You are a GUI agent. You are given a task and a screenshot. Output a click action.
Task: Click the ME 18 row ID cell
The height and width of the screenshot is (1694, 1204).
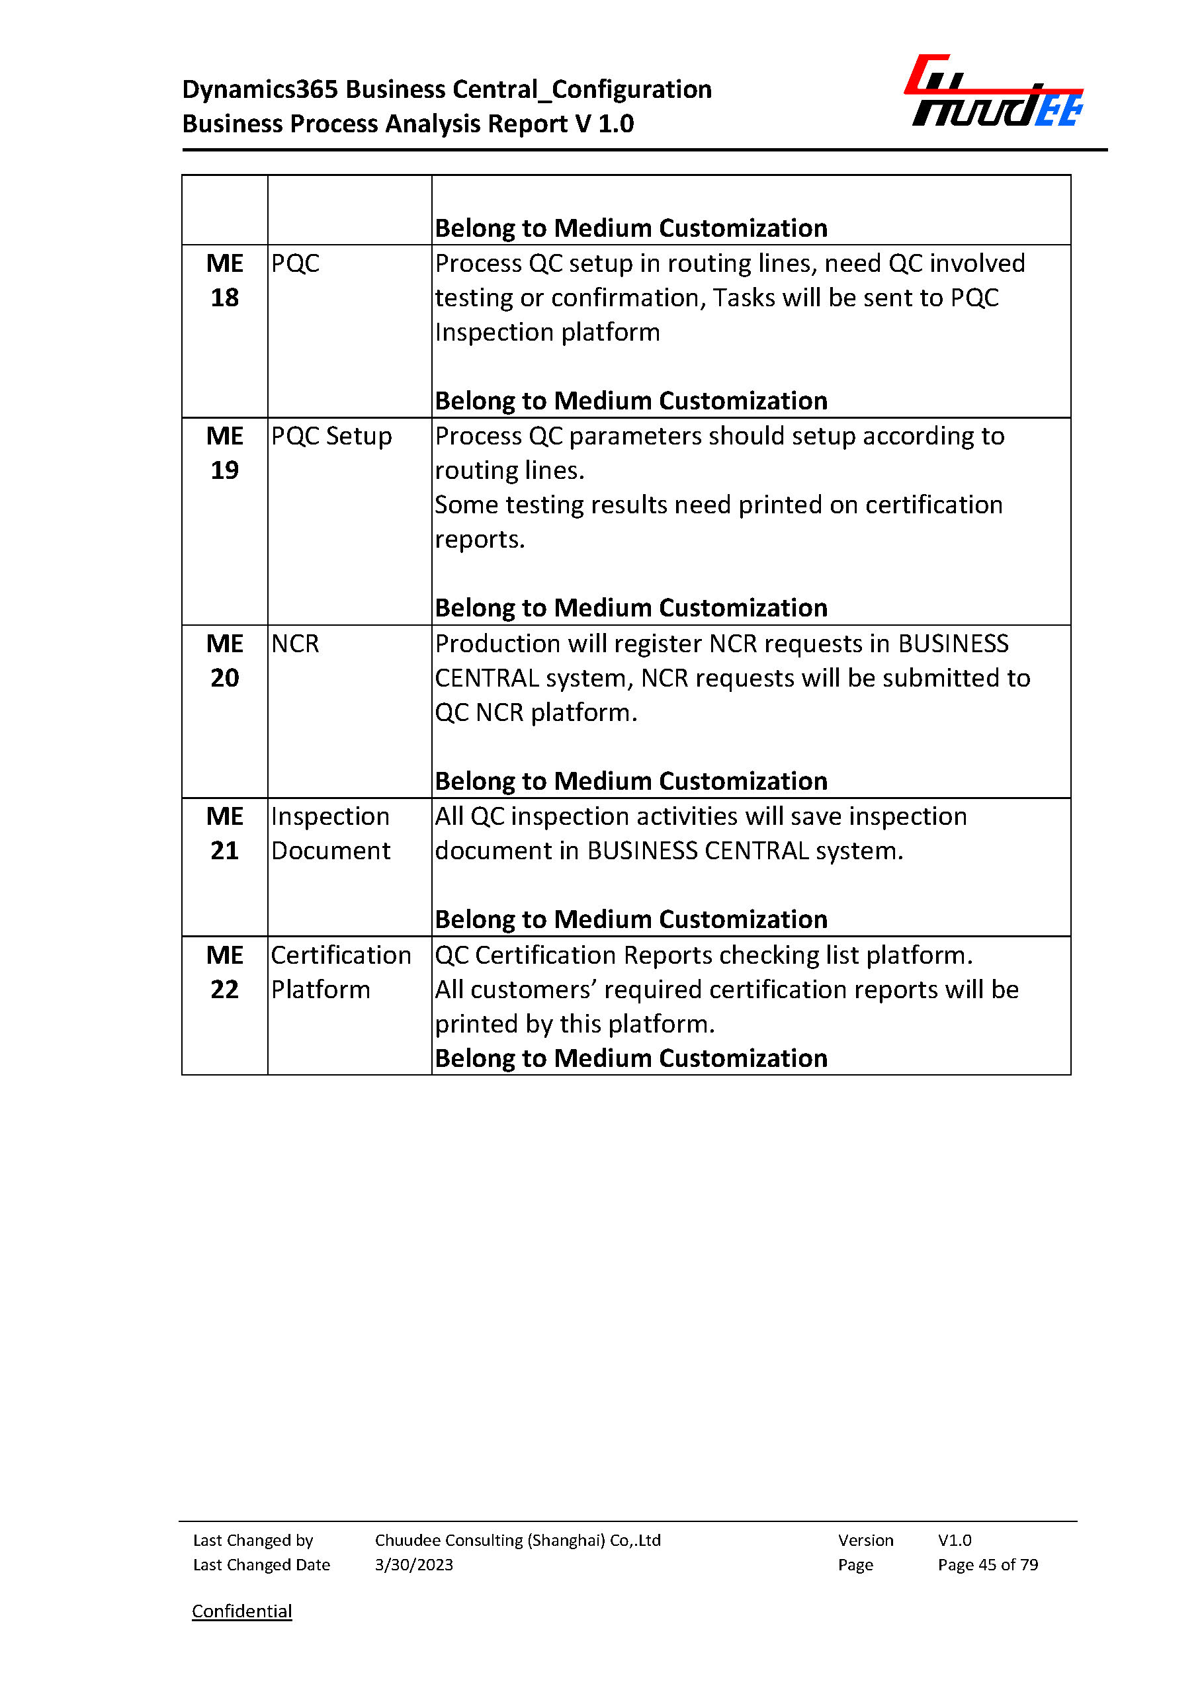click(x=225, y=281)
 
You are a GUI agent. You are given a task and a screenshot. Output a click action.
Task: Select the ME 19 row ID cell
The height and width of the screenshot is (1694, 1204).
click(x=225, y=453)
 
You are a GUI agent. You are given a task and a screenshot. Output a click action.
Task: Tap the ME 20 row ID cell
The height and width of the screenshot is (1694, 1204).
click(x=225, y=661)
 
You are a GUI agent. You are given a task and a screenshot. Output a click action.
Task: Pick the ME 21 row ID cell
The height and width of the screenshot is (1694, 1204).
click(x=225, y=833)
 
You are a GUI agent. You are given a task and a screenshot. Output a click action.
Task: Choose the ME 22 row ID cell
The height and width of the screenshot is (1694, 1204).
click(x=225, y=972)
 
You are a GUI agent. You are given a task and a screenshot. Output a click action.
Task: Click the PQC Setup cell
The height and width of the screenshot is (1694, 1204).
click(x=331, y=437)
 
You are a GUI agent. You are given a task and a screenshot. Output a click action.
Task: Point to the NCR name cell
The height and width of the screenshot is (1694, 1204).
click(x=295, y=644)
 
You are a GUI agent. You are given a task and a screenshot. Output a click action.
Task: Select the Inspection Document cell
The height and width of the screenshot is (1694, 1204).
click(x=331, y=833)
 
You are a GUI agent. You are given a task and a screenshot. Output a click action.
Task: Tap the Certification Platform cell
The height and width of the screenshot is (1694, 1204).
click(x=340, y=972)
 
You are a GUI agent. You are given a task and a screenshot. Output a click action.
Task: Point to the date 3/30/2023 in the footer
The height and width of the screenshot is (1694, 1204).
click(x=413, y=1564)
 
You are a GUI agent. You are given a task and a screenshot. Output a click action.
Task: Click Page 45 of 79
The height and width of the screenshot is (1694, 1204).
click(x=988, y=1564)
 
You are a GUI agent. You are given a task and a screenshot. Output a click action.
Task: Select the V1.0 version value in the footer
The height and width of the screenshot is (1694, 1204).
click(x=954, y=1540)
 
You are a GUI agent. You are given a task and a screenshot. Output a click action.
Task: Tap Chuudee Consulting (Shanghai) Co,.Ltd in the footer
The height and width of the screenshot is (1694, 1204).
click(x=517, y=1540)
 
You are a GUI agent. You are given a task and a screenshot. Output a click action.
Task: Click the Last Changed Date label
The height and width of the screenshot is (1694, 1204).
click(x=261, y=1564)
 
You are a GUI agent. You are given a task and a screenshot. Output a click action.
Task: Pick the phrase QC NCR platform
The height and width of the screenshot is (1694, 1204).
click(x=535, y=712)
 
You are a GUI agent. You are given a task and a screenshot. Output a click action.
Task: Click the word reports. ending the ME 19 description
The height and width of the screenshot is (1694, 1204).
click(x=480, y=540)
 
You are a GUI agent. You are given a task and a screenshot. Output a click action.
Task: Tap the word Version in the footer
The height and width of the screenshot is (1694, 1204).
click(x=865, y=1540)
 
